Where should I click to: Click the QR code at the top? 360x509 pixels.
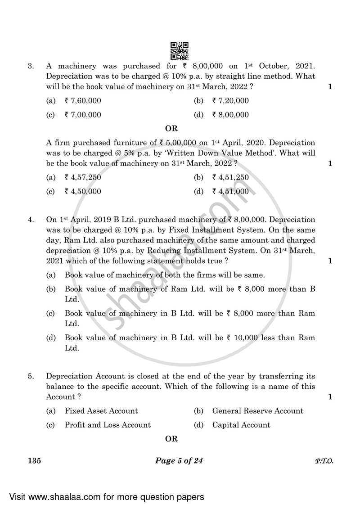(180, 50)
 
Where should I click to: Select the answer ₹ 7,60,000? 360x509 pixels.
(83, 101)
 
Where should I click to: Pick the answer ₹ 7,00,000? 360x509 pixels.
(83, 115)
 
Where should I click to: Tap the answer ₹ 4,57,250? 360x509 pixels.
(83, 177)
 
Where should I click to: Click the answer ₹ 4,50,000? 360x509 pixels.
(83, 191)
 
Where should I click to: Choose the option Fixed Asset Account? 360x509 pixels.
(101, 410)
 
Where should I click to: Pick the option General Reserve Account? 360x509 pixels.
(257, 410)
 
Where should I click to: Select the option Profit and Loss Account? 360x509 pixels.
(108, 425)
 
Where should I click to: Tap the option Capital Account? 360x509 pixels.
(241, 425)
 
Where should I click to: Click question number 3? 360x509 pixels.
(31, 66)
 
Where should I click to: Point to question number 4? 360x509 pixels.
(31, 220)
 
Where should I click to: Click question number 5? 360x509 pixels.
(31, 376)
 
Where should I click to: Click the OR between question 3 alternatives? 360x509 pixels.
(171, 129)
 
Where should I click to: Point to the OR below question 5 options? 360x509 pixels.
(171, 439)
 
